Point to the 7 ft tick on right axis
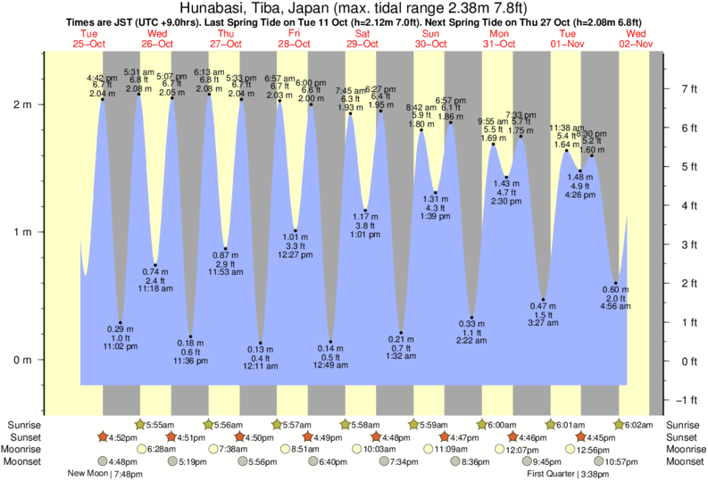click(x=687, y=89)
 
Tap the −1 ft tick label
click(x=686, y=399)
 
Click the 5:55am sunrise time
click(x=160, y=424)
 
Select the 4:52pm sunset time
click(x=124, y=437)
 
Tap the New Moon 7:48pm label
click(x=105, y=474)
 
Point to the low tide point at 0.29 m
click(x=121, y=322)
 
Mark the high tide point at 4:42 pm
click(x=103, y=99)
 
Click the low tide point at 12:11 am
click(x=261, y=343)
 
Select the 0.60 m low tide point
click(x=615, y=284)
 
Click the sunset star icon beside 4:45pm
click(x=582, y=437)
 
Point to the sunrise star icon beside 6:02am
click(x=620, y=424)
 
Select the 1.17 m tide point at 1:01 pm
click(x=365, y=211)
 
